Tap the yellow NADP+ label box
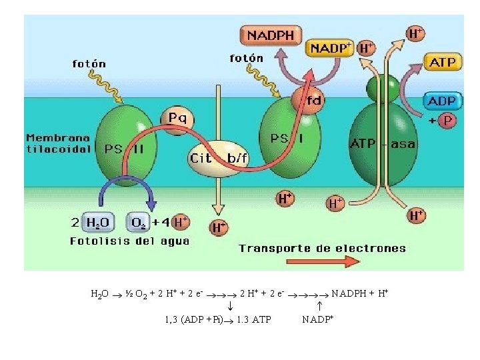[330, 48]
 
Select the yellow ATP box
[443, 63]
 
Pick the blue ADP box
[441, 101]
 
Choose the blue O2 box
[140, 221]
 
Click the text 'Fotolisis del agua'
[129, 241]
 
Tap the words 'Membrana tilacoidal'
[58, 143]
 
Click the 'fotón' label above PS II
[89, 64]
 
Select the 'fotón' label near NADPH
[246, 58]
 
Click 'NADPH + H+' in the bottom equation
[361, 293]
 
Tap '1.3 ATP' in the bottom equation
[254, 319]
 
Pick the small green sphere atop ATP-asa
[383, 87]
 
